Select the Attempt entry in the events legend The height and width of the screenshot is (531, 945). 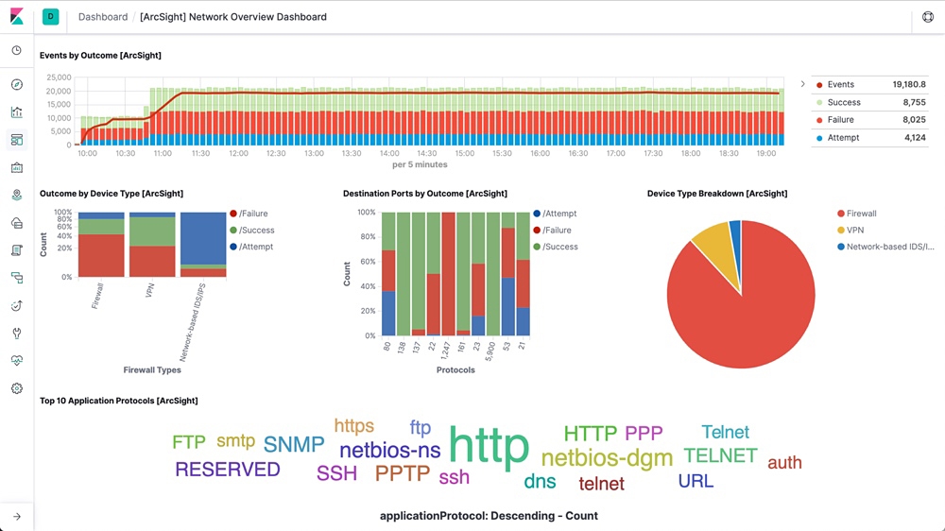[843, 138]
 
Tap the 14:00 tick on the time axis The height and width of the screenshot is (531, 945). [388, 153]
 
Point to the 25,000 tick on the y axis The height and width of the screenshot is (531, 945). [59, 77]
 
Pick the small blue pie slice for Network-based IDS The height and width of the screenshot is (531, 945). [735, 231]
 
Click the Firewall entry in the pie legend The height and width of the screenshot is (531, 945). [861, 214]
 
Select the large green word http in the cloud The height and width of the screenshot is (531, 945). [489, 446]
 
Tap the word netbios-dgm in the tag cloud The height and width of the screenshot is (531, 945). [607, 458]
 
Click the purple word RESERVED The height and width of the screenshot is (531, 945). [228, 470]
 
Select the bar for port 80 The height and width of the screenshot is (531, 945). [388, 274]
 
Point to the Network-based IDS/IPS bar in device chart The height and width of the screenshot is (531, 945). [203, 245]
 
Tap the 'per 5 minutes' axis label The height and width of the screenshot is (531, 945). [420, 165]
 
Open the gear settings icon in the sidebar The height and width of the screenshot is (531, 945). [16, 388]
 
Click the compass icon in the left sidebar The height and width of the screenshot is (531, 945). [16, 85]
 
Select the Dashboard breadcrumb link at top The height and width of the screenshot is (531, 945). [103, 17]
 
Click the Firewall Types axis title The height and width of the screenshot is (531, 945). [152, 369]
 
